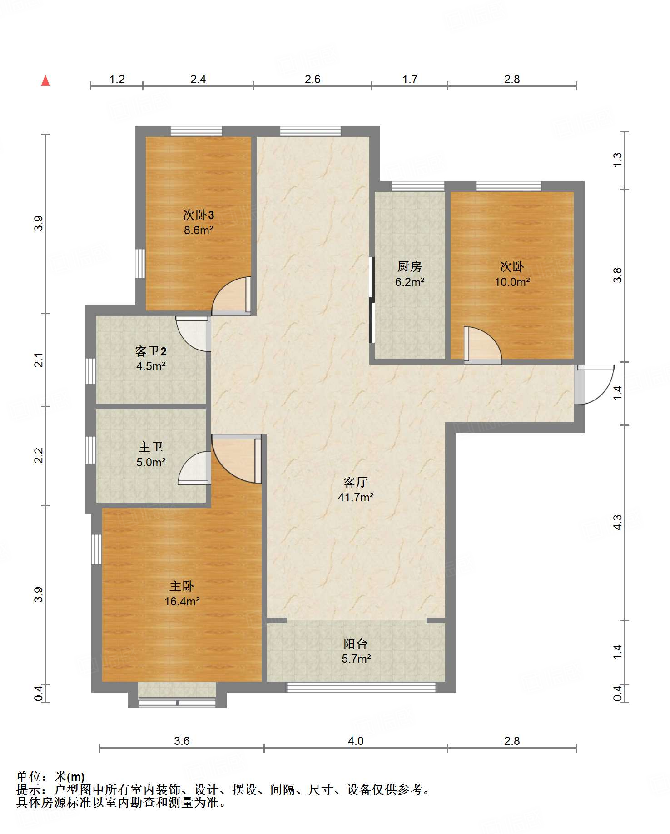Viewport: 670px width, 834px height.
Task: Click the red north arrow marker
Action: coord(45,81)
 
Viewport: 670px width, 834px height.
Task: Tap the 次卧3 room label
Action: coord(199,215)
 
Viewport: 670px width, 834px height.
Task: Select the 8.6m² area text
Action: coord(199,230)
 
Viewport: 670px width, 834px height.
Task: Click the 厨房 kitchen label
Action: coord(410,266)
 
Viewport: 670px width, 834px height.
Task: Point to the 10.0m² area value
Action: coord(512,282)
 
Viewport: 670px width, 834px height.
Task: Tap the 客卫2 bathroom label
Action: coord(151,351)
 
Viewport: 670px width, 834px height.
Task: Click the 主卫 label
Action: coord(151,447)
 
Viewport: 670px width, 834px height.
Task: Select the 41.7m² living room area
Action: coord(356,497)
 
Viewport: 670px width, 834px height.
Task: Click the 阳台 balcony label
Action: coord(356,644)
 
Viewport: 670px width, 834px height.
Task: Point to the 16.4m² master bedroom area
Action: coord(182,601)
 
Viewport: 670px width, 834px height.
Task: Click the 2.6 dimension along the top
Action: coord(313,79)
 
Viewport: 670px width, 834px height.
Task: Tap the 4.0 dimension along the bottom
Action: coord(356,741)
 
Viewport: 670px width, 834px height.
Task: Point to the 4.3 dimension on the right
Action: coord(617,522)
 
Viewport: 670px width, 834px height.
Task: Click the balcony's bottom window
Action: coord(361,687)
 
